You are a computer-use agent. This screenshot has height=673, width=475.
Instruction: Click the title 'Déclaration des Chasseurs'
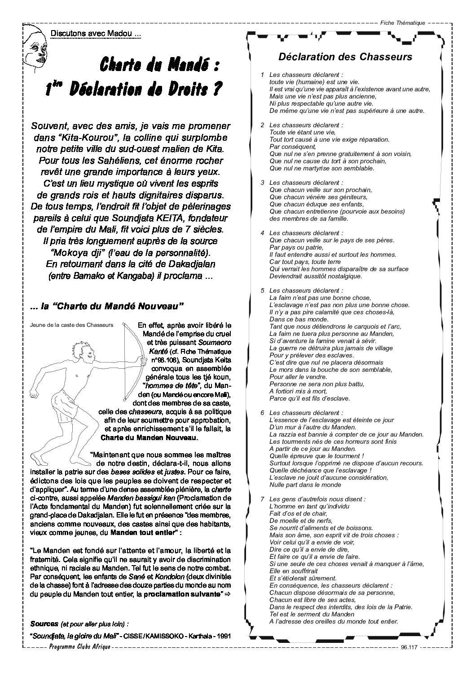[345, 57]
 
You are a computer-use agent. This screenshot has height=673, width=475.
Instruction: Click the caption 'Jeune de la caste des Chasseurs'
[70, 324]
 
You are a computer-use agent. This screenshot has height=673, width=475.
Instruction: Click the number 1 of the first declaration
[262, 74]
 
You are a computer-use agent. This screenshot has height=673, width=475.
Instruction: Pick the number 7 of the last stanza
[262, 499]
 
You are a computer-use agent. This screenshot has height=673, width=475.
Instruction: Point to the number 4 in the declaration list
[262, 233]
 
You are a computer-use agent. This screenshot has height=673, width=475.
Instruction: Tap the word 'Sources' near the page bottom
[44, 624]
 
